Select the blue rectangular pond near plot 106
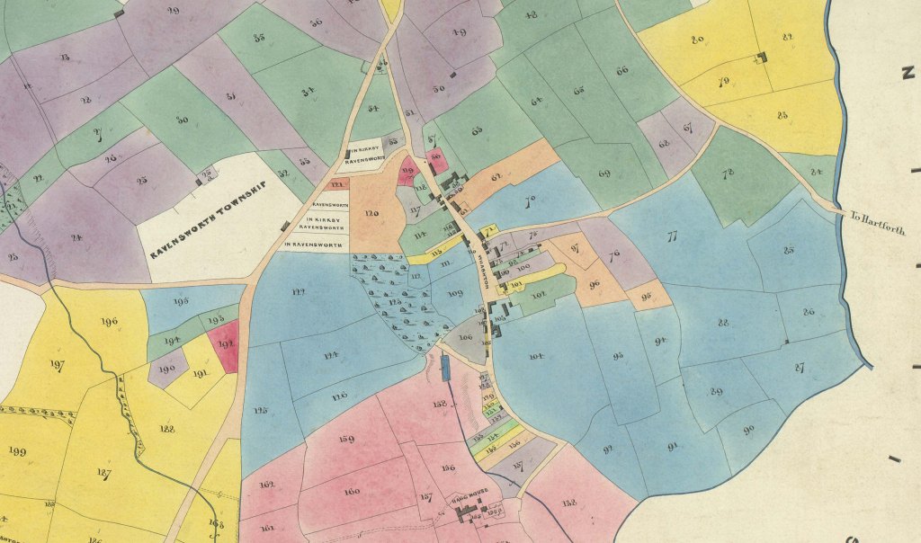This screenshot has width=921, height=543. click(444, 368)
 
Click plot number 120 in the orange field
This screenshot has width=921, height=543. click(371, 213)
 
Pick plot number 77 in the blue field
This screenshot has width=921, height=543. click(670, 237)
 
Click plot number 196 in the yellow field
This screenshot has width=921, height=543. click(111, 322)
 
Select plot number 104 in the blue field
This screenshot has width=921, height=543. click(536, 357)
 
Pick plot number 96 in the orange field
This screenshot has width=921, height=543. click(595, 285)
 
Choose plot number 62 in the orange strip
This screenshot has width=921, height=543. click(496, 177)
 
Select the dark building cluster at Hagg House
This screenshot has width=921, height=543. click(468, 513)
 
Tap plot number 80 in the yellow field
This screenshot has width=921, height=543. click(697, 40)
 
